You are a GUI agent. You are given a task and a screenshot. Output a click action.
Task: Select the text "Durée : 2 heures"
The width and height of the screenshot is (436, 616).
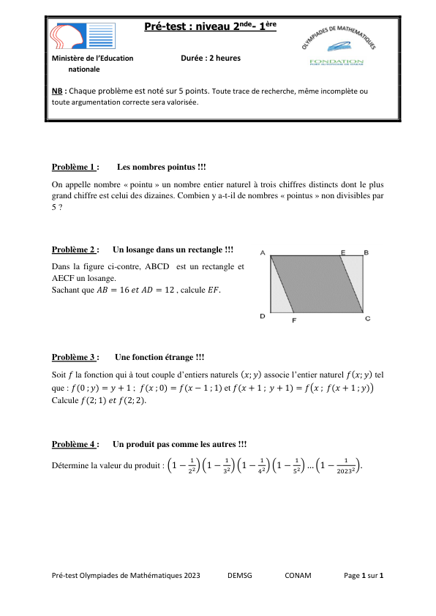(x=210, y=58)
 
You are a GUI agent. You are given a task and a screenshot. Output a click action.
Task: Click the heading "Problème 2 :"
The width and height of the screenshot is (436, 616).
(x=75, y=250)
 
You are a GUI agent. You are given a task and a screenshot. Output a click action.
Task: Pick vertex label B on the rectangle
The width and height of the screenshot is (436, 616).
(x=366, y=252)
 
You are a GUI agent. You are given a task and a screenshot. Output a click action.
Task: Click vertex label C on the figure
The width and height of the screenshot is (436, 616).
(x=367, y=318)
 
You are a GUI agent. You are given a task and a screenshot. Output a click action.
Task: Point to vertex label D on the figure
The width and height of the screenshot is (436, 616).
(x=262, y=317)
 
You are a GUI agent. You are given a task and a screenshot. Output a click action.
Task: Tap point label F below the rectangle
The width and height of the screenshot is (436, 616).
(x=293, y=320)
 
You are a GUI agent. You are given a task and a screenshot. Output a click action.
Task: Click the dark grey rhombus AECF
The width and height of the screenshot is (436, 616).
(x=317, y=284)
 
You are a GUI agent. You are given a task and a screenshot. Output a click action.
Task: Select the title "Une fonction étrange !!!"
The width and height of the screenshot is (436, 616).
(x=159, y=357)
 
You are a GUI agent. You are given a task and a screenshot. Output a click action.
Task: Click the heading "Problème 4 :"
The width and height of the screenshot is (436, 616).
(x=75, y=444)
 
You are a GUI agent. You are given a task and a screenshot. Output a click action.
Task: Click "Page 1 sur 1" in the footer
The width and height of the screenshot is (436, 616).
(x=364, y=575)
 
